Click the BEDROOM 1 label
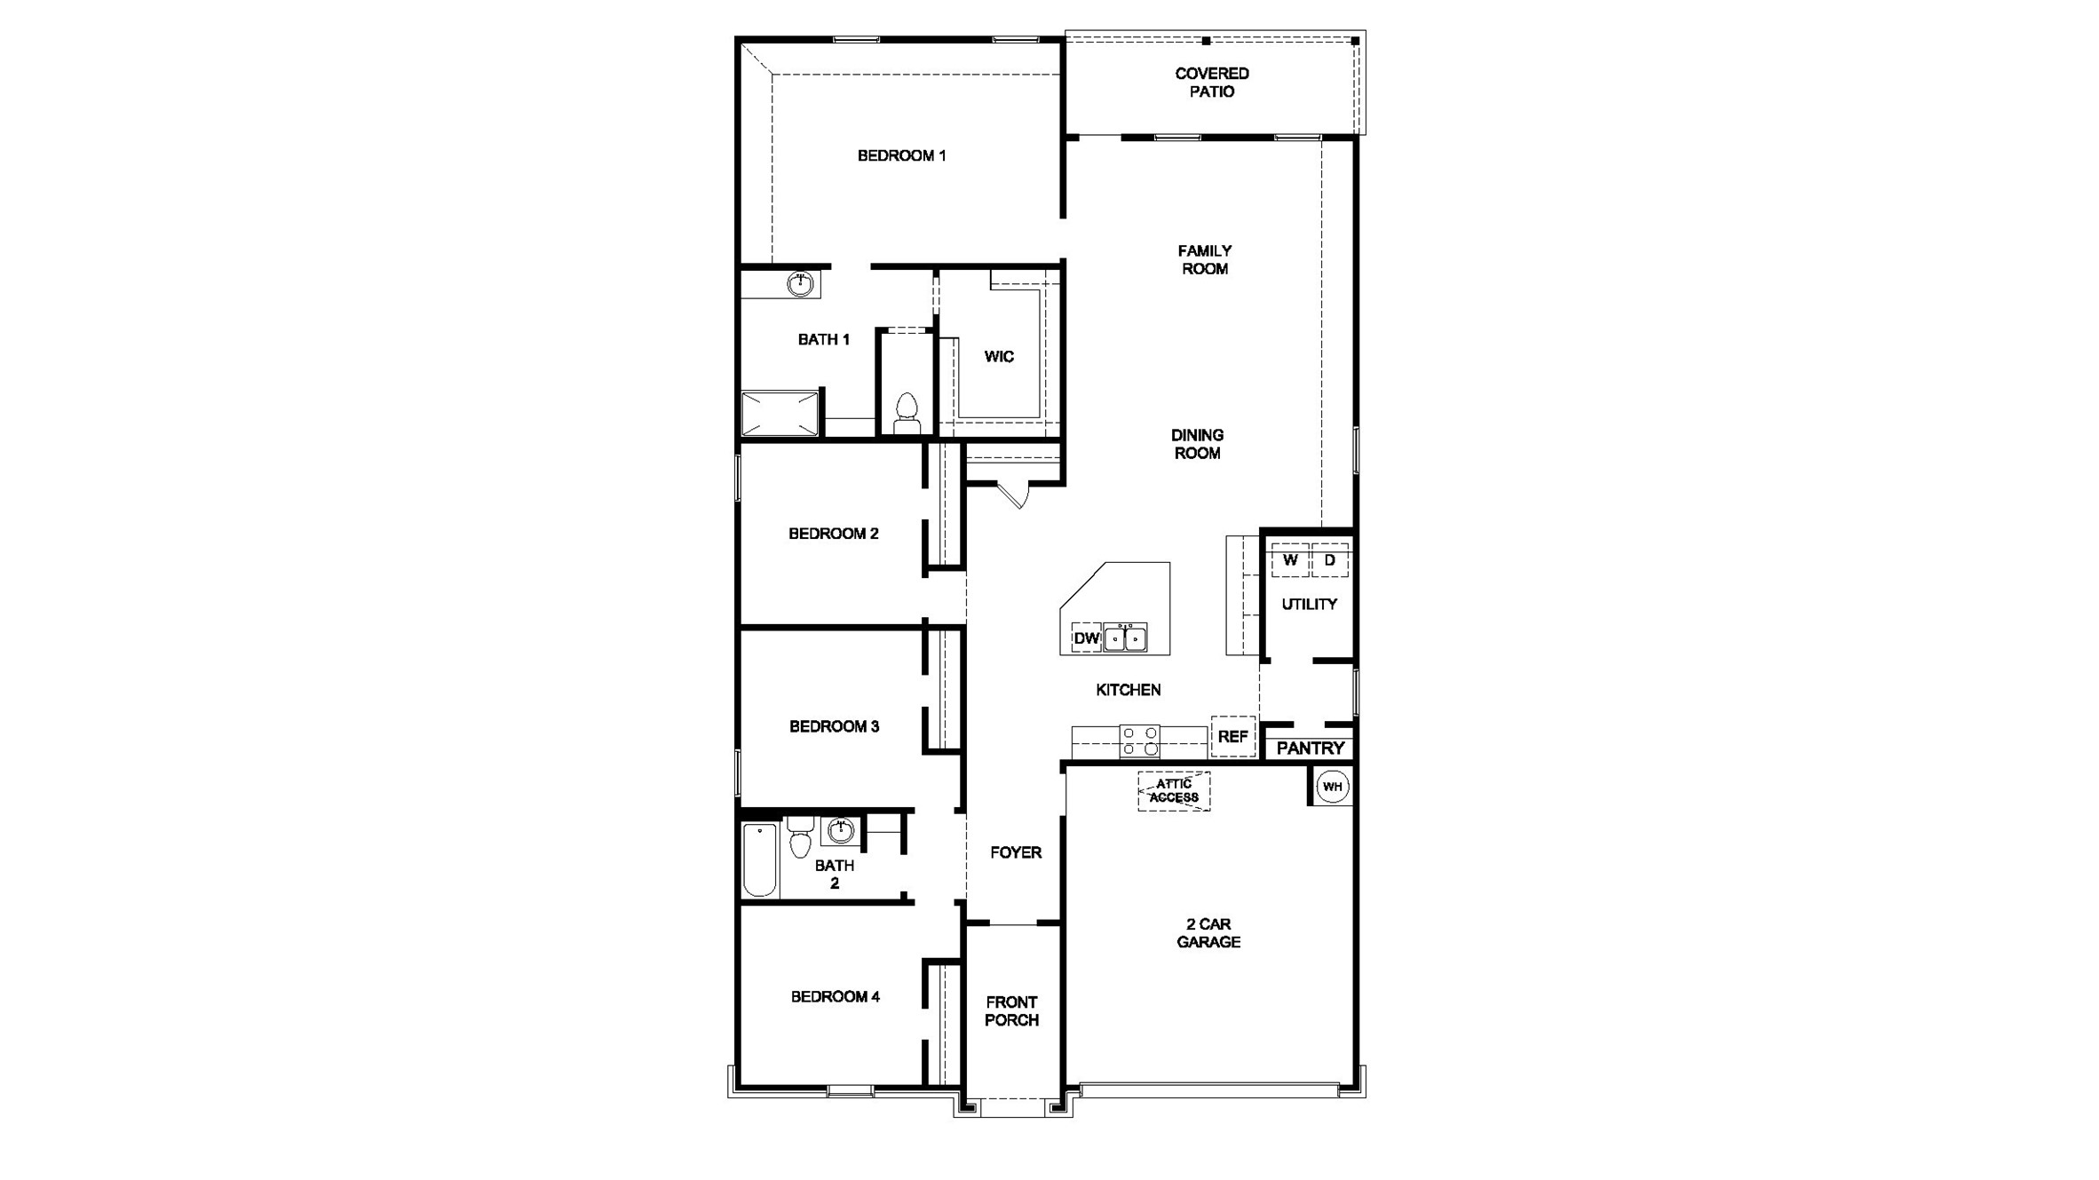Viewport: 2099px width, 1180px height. pos(901,156)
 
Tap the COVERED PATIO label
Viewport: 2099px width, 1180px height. pos(1211,83)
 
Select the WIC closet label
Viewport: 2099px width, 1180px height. pos(999,357)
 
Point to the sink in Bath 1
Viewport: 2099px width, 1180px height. pos(800,284)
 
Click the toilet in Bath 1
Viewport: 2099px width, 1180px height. pos(907,414)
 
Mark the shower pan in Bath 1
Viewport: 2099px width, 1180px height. pos(780,414)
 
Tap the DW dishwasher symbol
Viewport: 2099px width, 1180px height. pos(1086,638)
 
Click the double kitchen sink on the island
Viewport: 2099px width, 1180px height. pos(1125,638)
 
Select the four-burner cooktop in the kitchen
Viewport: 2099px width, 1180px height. pos(1139,741)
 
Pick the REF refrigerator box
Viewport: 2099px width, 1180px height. pos(1232,737)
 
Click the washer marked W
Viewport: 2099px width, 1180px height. pos(1290,560)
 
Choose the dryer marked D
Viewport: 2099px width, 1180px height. pos(1329,560)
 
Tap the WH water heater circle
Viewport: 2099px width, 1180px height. pos(1332,787)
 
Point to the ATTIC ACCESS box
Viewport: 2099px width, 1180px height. pos(1174,791)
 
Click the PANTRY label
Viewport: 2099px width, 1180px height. pos(1311,748)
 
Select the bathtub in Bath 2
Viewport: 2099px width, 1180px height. pos(760,859)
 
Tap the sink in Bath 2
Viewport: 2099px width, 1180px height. pos(840,831)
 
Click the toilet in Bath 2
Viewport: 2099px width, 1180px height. pos(800,836)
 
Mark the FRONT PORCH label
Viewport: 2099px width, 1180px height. pos(1011,1011)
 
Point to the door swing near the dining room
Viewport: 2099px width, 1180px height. pos(1016,495)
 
